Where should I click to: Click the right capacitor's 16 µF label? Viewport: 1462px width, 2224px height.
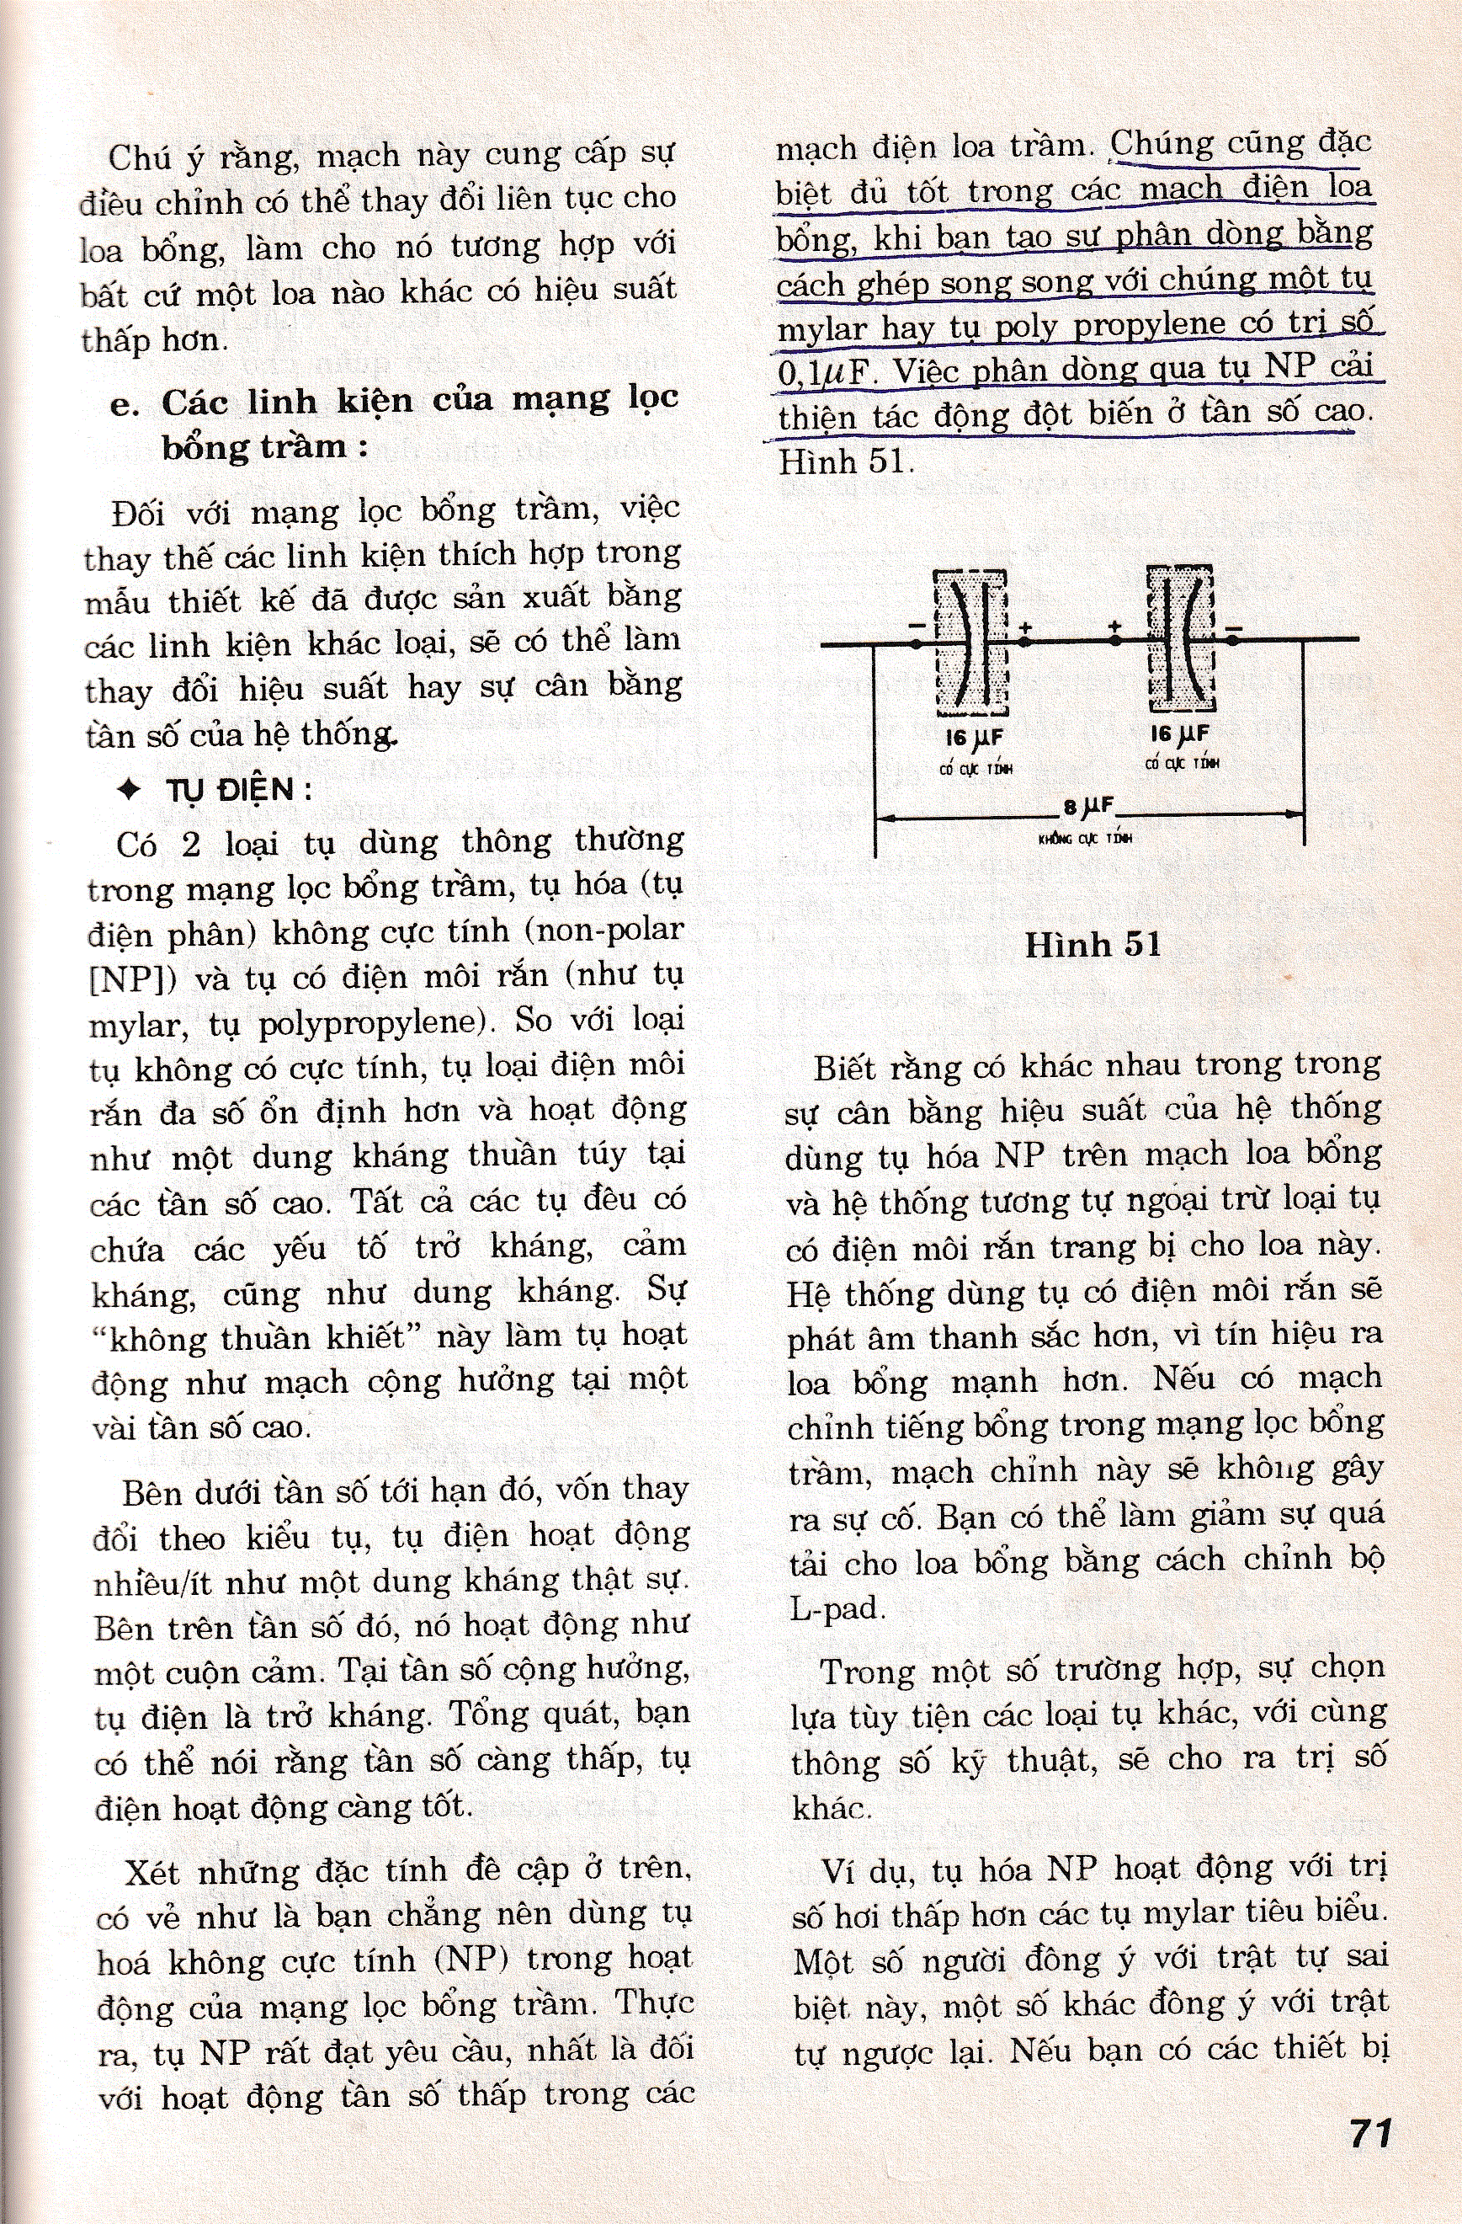1179,734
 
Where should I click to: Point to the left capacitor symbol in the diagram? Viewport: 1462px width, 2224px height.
971,642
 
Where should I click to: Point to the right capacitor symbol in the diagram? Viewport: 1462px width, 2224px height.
1181,639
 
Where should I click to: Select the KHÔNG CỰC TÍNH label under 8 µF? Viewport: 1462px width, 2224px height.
1085,838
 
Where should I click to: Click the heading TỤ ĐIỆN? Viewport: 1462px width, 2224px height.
230,791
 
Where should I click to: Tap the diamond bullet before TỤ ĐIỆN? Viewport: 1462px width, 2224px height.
130,791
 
